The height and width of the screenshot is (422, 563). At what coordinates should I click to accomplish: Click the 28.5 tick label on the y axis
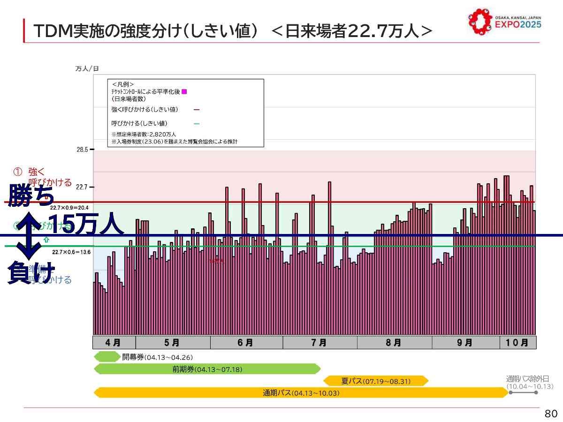pyautogui.click(x=82, y=150)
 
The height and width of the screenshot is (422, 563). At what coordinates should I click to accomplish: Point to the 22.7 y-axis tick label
pyautogui.click(x=82, y=187)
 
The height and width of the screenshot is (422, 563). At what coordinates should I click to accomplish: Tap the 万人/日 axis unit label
pyautogui.click(x=87, y=69)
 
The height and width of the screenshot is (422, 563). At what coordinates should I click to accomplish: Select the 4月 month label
pyautogui.click(x=113, y=343)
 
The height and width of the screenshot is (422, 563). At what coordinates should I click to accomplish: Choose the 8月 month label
pyautogui.click(x=394, y=343)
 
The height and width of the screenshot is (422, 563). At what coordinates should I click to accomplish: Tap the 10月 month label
pyautogui.click(x=517, y=343)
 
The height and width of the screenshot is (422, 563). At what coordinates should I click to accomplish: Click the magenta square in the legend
pyautogui.click(x=184, y=91)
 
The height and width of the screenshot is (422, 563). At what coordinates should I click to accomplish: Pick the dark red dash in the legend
pyautogui.click(x=197, y=110)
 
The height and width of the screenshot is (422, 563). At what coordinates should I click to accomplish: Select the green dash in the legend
pyautogui.click(x=197, y=124)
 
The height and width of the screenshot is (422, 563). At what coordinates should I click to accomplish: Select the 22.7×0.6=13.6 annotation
pyautogui.click(x=71, y=252)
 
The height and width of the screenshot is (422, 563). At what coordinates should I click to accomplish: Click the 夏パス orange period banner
pyautogui.click(x=376, y=381)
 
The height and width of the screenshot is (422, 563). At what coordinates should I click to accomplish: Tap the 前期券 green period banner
pyautogui.click(x=207, y=369)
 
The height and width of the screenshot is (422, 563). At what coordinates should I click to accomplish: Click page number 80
pyautogui.click(x=551, y=414)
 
